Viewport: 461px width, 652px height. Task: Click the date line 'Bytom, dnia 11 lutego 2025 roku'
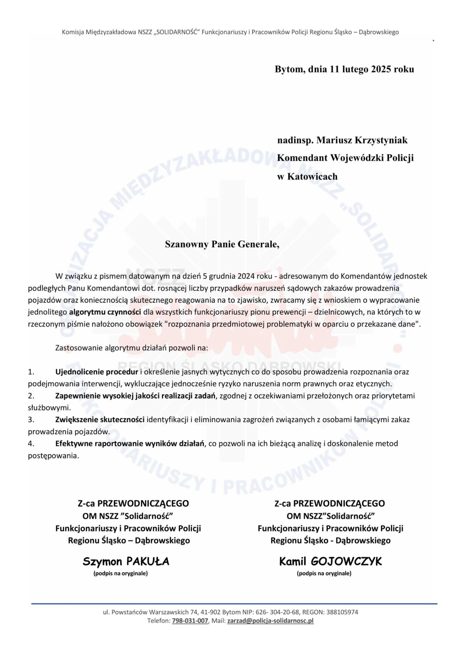(x=344, y=69)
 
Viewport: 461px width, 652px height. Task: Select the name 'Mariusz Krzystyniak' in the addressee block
(x=362, y=140)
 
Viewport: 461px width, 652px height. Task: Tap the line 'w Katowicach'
(x=307, y=177)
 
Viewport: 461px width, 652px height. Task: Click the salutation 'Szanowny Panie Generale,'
(x=222, y=244)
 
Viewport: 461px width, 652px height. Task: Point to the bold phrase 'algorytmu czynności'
(x=105, y=312)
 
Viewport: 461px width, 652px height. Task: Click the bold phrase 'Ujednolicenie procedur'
(x=96, y=372)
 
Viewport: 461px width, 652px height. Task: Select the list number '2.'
(x=31, y=396)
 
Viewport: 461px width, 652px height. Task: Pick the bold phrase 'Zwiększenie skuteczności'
(x=100, y=420)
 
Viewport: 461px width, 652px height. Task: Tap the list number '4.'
(x=31, y=443)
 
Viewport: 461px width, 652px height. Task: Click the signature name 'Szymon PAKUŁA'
(x=126, y=562)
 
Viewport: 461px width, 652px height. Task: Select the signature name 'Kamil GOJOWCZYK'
(x=330, y=562)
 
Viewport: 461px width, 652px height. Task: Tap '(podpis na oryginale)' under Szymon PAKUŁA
(x=121, y=573)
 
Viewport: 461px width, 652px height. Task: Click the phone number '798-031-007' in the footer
(x=190, y=620)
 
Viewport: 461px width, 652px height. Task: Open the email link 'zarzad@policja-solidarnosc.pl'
(x=270, y=620)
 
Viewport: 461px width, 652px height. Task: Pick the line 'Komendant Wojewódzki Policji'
(x=345, y=158)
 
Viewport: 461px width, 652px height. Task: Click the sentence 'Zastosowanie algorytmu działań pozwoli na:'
(x=132, y=348)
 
